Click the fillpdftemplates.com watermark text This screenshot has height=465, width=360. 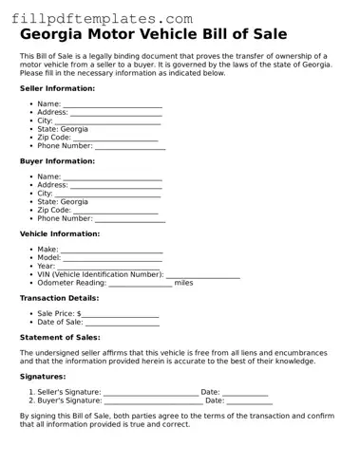(x=103, y=18)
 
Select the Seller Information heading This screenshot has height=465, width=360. (x=57, y=88)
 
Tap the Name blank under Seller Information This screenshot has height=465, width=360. (x=112, y=104)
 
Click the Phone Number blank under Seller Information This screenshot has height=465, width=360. (x=130, y=146)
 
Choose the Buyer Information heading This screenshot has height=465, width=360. (x=57, y=161)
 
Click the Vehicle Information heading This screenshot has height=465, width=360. (x=60, y=233)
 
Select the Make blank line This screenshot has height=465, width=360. (x=111, y=250)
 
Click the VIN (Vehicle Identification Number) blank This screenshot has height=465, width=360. (x=202, y=275)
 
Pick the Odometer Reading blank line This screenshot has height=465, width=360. (x=141, y=283)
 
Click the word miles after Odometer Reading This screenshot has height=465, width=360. (x=183, y=283)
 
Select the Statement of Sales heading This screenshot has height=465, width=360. (x=60, y=337)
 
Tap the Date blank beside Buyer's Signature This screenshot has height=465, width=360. (x=250, y=400)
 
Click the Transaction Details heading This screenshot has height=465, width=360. (x=59, y=298)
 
